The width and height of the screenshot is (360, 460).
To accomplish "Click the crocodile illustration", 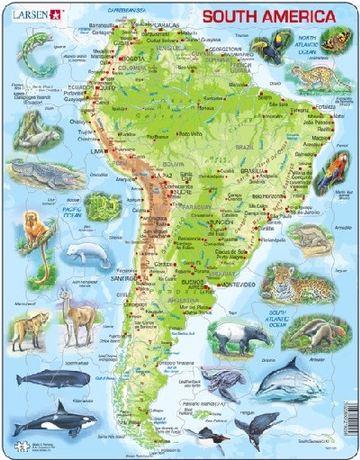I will click(x=34, y=169).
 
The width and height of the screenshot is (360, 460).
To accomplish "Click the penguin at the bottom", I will click(x=211, y=438).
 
